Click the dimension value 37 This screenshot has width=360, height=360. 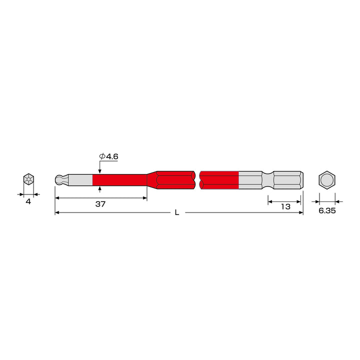[100, 204]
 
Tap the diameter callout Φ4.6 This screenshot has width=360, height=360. [108, 156]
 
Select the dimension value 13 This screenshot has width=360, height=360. [285, 206]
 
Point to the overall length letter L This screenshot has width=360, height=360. [177, 212]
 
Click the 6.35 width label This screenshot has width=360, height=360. [327, 210]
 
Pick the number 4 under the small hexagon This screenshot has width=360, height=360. [28, 201]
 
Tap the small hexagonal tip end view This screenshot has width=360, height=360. [28, 179]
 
